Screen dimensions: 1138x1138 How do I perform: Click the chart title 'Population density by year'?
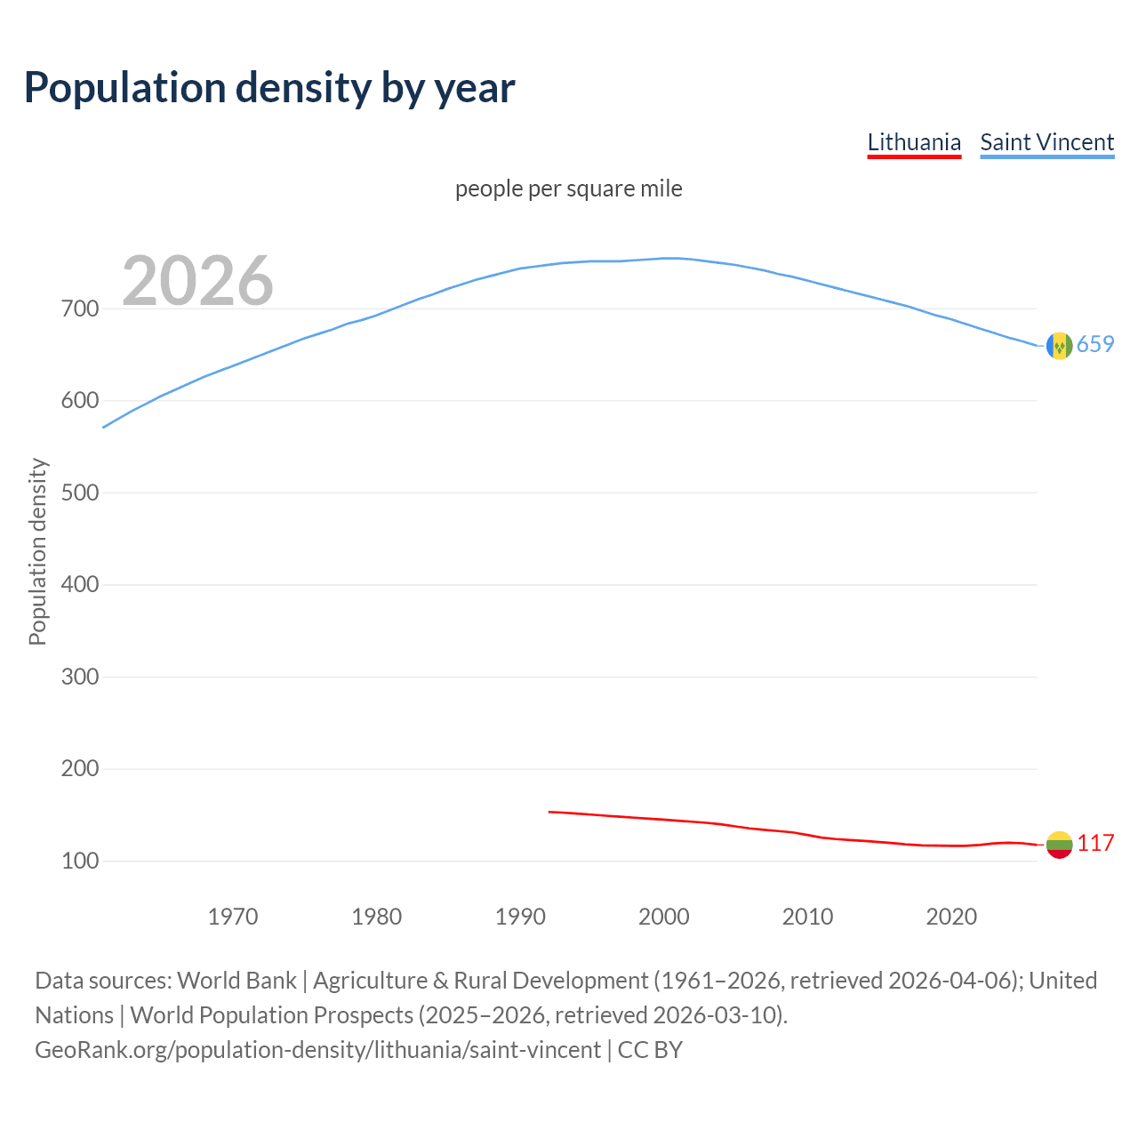click(269, 88)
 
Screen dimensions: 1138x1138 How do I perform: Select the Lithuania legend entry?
click(914, 142)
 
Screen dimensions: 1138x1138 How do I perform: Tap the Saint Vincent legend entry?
click(1046, 142)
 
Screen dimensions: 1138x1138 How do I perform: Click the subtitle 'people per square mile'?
click(568, 188)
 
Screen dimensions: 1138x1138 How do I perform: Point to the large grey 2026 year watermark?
click(197, 281)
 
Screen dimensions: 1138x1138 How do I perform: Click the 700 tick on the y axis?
click(79, 309)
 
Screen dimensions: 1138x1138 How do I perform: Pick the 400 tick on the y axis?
click(79, 585)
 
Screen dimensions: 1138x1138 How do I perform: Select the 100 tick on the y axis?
click(79, 861)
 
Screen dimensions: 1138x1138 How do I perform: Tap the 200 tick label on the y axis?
click(79, 769)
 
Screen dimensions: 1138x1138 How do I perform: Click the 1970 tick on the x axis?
click(233, 917)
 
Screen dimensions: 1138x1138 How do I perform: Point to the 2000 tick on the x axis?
click(664, 917)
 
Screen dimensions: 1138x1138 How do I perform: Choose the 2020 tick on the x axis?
click(951, 917)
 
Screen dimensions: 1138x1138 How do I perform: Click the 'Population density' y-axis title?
click(37, 551)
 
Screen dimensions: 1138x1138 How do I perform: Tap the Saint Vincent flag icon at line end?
click(1059, 346)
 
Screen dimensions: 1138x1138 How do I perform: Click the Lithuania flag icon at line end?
click(1059, 845)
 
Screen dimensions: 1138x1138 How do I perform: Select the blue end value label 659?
click(1095, 345)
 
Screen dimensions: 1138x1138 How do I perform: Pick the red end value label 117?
click(1095, 844)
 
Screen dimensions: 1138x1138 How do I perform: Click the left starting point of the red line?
click(549, 812)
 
